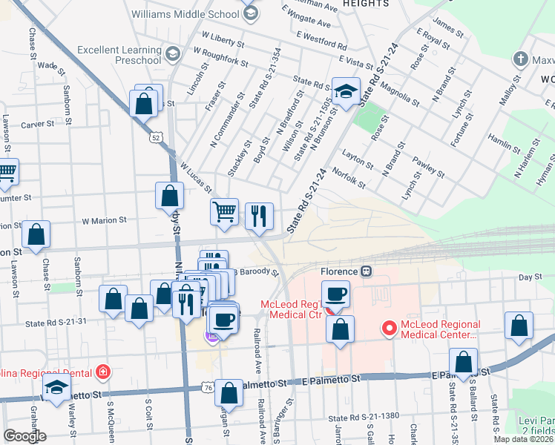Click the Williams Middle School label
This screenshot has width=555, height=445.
(184, 13)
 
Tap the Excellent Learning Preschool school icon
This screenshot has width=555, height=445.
(172, 54)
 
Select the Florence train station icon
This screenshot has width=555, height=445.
(365, 271)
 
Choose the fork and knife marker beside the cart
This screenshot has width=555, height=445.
(259, 216)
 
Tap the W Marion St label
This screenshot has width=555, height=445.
(105, 220)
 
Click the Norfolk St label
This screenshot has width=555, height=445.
(349, 179)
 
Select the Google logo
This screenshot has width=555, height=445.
(24, 435)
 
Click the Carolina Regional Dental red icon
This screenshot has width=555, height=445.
(102, 372)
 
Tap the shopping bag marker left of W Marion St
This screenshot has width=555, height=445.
(36, 234)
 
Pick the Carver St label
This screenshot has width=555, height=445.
(34, 125)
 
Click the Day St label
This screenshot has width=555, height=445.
(526, 277)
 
